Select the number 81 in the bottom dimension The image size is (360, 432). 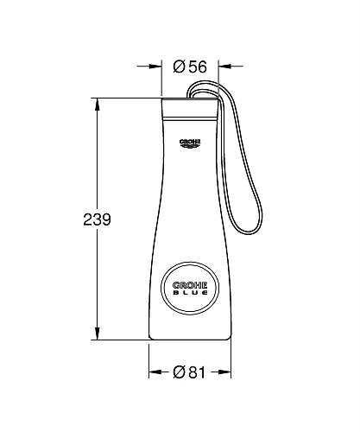[x=197, y=372]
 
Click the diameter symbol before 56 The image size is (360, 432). [x=178, y=66]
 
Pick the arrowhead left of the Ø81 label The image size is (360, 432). [x=155, y=372]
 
